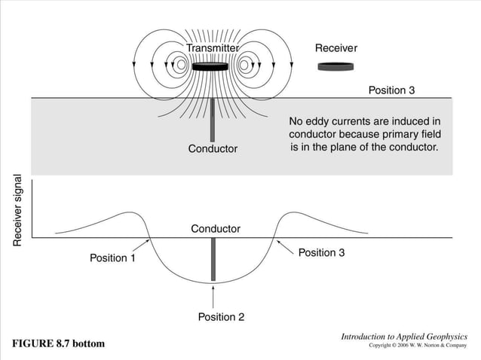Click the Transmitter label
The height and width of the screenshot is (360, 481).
coord(213,48)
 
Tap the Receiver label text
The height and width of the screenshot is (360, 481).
coord(335,48)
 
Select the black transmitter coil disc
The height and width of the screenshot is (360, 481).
coord(211,66)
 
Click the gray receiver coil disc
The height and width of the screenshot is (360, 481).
coord(335,67)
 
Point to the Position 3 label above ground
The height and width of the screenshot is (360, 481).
coord(391,90)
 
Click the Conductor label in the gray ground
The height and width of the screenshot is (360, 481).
coord(213,148)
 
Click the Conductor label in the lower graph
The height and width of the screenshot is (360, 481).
coord(216,228)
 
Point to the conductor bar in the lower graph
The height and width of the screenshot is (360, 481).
coord(213,259)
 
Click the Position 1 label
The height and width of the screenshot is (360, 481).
coord(113,258)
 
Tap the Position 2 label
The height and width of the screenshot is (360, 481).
coord(221,317)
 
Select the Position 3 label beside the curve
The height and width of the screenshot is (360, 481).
coord(322,252)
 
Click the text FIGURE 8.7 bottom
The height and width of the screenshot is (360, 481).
coord(58,343)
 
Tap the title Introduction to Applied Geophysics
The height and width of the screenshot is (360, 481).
coord(404,336)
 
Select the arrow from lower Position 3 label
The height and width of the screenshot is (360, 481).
coord(286,246)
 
